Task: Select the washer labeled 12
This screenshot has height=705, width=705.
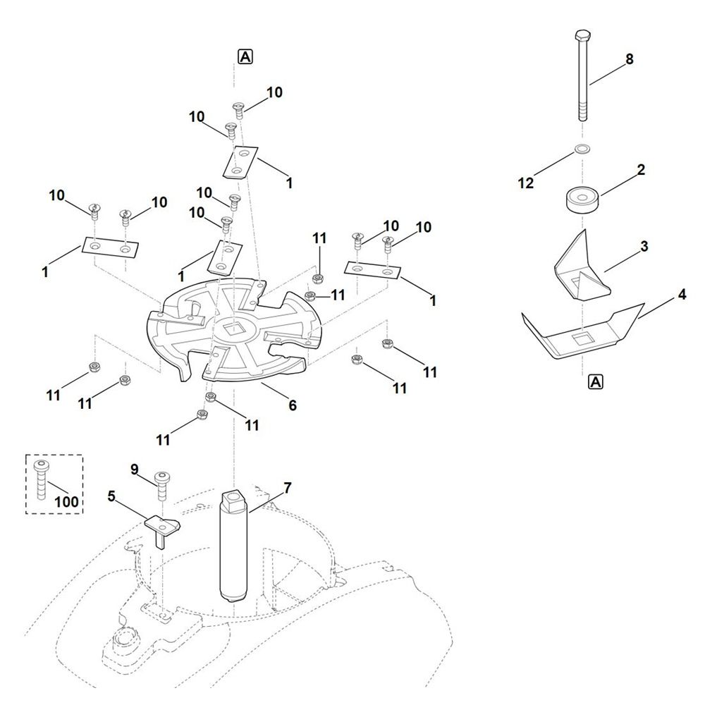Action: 582,149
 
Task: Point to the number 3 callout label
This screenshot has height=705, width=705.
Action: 644,246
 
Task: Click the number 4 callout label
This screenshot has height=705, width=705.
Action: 681,295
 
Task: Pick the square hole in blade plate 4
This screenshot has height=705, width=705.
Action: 582,341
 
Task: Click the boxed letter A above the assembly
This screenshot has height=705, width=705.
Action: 245,58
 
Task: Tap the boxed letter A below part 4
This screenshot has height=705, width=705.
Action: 595,382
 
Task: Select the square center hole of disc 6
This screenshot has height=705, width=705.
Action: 233,328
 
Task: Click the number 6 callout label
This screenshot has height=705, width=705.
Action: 292,405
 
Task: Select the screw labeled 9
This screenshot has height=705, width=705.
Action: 161,484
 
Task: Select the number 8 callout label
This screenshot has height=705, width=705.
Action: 629,59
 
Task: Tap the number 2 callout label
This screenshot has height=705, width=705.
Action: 641,171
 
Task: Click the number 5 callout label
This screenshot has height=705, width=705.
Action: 111,496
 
